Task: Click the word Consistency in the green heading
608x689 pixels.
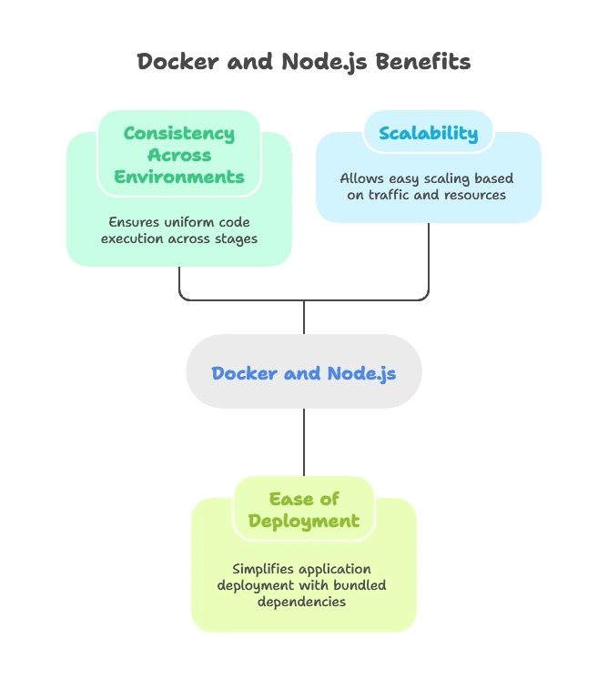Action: (x=178, y=134)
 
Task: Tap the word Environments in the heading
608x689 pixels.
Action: (x=178, y=176)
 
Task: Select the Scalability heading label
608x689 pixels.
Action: (x=428, y=133)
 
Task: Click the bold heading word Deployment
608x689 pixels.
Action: (x=304, y=522)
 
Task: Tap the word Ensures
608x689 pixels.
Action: (x=135, y=222)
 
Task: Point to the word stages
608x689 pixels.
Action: (x=236, y=238)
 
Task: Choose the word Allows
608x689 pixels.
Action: (x=362, y=178)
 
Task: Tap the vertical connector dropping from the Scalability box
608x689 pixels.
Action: (x=427, y=259)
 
